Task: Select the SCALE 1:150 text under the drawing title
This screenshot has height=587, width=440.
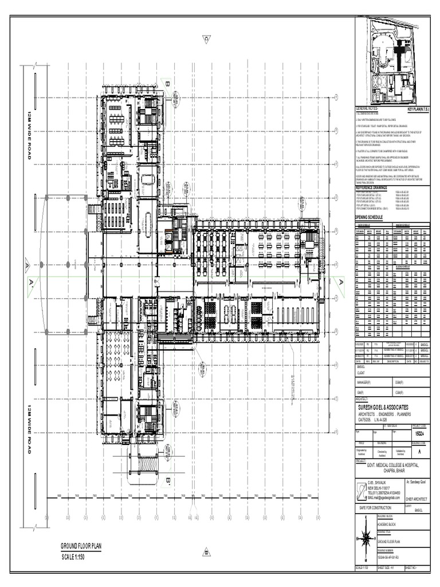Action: click(x=73, y=557)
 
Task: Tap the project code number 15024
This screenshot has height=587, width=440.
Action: click(x=421, y=435)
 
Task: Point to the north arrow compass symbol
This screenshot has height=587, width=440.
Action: click(x=365, y=537)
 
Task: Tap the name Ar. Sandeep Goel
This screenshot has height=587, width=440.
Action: click(x=417, y=483)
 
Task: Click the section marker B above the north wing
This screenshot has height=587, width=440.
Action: click(x=168, y=84)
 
